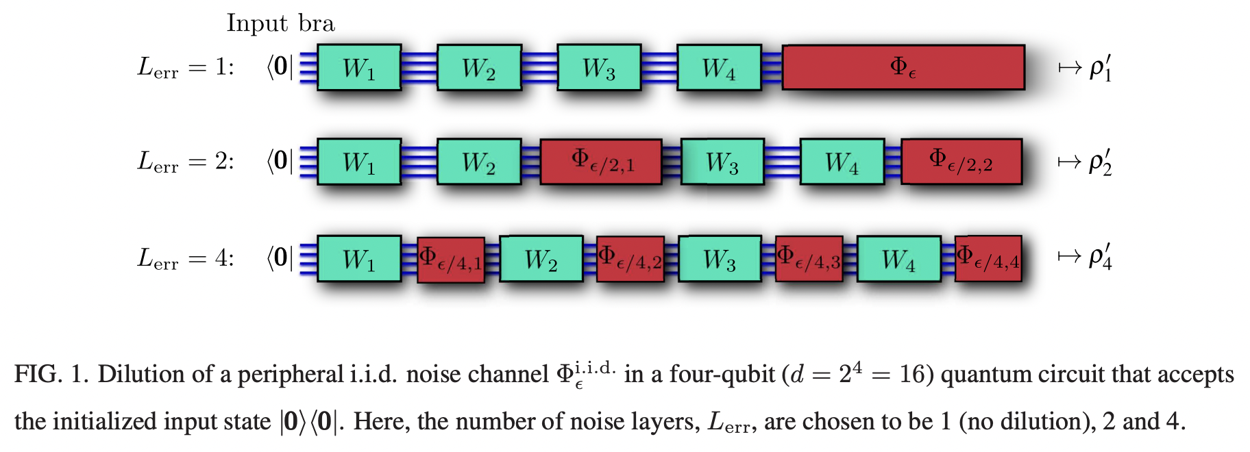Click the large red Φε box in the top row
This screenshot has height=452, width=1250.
coord(903,67)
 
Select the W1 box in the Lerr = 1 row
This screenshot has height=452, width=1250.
coord(359,68)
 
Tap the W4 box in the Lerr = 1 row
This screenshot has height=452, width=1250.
coord(719,68)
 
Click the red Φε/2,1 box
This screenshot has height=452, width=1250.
coord(601,162)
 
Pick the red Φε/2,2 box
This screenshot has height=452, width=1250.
coord(961,162)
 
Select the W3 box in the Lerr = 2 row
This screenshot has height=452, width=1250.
coord(722,162)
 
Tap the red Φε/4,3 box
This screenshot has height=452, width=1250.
coord(809,259)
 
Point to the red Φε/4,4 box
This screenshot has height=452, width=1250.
coord(988,259)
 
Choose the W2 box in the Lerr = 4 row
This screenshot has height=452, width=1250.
coord(541,259)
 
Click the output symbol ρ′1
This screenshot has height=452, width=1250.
coord(1101,68)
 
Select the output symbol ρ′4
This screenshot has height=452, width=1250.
coord(1101,256)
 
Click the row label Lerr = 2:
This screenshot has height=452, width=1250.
coord(186,162)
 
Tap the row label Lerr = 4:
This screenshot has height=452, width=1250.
coord(186,258)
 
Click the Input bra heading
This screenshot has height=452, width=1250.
coord(280,23)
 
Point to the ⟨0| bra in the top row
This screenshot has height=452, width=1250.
coord(280,67)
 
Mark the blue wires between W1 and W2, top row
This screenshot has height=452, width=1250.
coord(419,68)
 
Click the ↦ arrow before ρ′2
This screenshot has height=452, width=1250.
coord(1069,162)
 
